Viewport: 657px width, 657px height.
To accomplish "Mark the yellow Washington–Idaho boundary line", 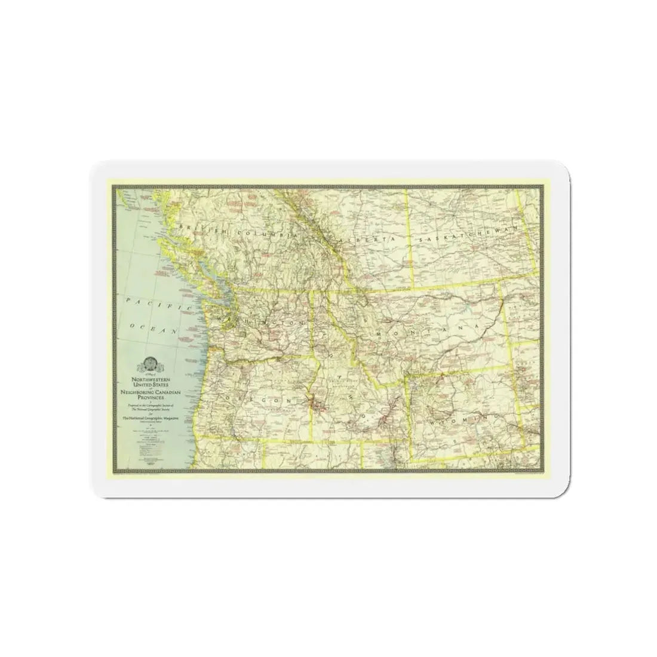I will click(x=312, y=323).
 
